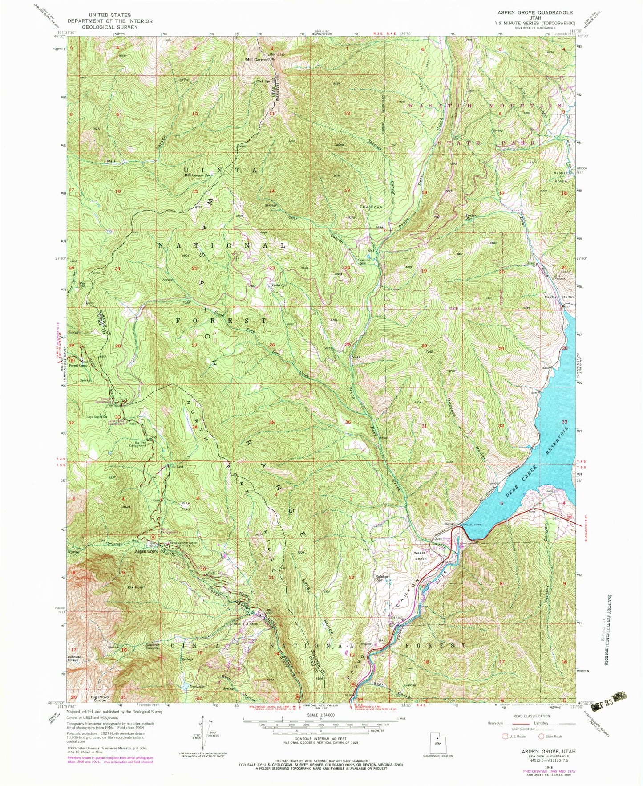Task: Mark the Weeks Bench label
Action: pyautogui.click(x=420, y=556)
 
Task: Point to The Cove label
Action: pyautogui.click(x=371, y=207)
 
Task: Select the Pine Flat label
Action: pyautogui.click(x=185, y=506)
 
